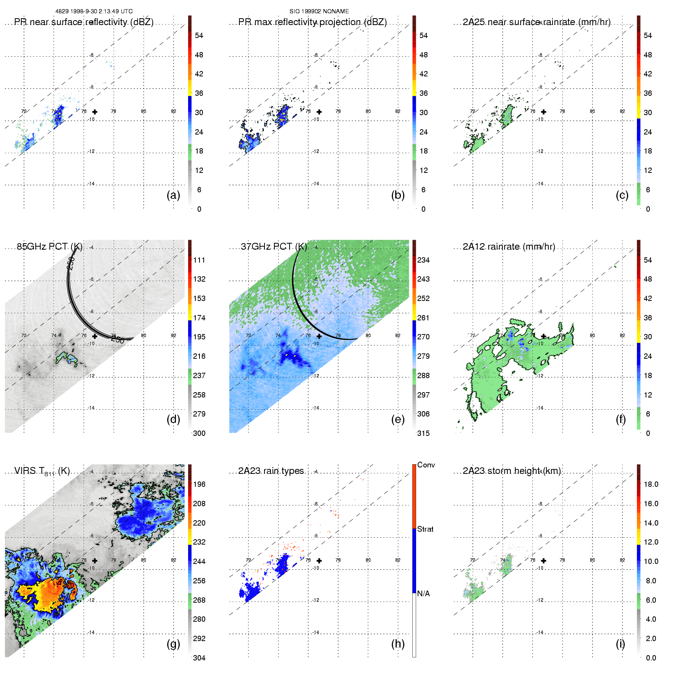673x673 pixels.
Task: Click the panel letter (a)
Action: click(x=173, y=195)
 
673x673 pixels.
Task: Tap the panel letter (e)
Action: click(x=398, y=419)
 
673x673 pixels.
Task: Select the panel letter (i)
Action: click(x=620, y=644)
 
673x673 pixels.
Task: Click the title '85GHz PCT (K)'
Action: click(x=49, y=247)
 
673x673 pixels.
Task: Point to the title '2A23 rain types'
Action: click(x=271, y=471)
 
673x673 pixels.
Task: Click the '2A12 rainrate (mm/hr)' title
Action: click(x=509, y=247)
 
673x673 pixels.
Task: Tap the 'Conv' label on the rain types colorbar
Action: click(x=426, y=465)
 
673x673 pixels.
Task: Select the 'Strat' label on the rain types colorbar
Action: click(x=425, y=529)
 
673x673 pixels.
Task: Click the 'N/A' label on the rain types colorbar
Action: click(x=424, y=594)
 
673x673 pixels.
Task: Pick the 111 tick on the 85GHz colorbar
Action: click(x=199, y=260)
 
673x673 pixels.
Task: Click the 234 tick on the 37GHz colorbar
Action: click(x=423, y=260)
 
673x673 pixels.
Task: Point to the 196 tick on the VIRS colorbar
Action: click(x=199, y=484)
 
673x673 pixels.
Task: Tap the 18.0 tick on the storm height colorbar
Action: click(x=651, y=484)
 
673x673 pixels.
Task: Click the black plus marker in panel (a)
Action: click(x=95, y=112)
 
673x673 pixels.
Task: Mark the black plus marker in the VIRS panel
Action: click(x=95, y=561)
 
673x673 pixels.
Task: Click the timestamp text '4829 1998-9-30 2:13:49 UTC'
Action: click(x=94, y=11)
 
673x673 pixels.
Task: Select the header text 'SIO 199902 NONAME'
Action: click(x=319, y=11)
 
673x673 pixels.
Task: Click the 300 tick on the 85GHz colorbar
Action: click(x=199, y=433)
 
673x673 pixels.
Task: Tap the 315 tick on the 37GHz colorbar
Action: click(x=423, y=433)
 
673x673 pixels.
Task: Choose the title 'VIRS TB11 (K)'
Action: click(x=42, y=471)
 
